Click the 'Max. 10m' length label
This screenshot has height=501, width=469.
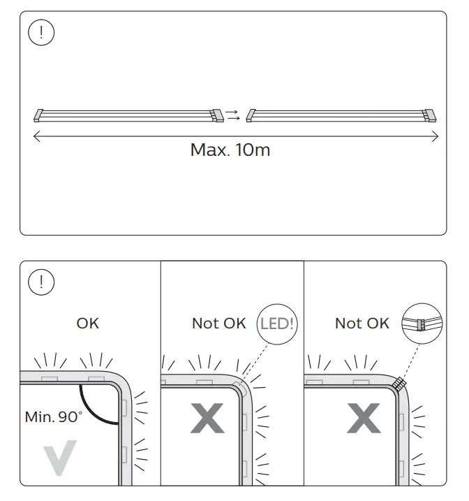pos(230,150)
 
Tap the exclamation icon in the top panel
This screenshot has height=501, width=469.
pos(41,34)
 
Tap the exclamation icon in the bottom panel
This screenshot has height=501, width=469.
pos(41,282)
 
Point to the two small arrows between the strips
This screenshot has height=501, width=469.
pos(233,115)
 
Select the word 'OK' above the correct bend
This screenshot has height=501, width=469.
pos(88,323)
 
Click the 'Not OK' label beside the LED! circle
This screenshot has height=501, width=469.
pos(219,323)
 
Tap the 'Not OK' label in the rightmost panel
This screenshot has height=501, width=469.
pos(362,323)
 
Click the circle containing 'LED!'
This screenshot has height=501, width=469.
pos(276,324)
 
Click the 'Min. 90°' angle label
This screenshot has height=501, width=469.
pos(54,417)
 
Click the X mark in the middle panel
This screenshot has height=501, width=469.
pos(207,419)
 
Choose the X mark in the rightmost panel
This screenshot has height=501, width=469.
pos(364,419)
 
